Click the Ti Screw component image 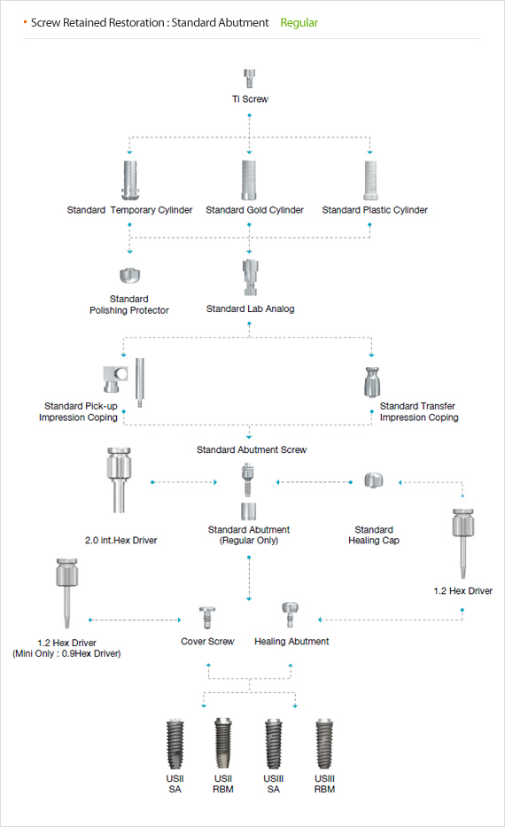pyautogui.click(x=249, y=78)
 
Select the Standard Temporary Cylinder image pyautogui.click(x=129, y=180)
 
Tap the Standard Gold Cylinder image pyautogui.click(x=249, y=180)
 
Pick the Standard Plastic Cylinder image pyautogui.click(x=370, y=180)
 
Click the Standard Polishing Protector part pyautogui.click(x=129, y=276)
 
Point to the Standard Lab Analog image pyautogui.click(x=250, y=277)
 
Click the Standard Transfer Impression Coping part pyautogui.click(x=371, y=382)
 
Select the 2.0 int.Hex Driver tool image pyautogui.click(x=119, y=480)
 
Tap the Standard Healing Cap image pyautogui.click(x=373, y=480)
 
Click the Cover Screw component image pyautogui.click(x=206, y=617)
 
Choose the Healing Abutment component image pyautogui.click(x=290, y=614)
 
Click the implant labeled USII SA pyautogui.click(x=175, y=745)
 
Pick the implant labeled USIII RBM pyautogui.click(x=324, y=745)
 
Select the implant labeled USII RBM pyautogui.click(x=223, y=745)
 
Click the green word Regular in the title pyautogui.click(x=299, y=23)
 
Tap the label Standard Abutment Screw pyautogui.click(x=252, y=449)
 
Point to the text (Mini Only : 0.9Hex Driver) pyautogui.click(x=66, y=653)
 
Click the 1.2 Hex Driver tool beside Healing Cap pyautogui.click(x=462, y=543)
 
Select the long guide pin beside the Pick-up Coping pyautogui.click(x=140, y=383)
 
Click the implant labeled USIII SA pyautogui.click(x=274, y=745)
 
